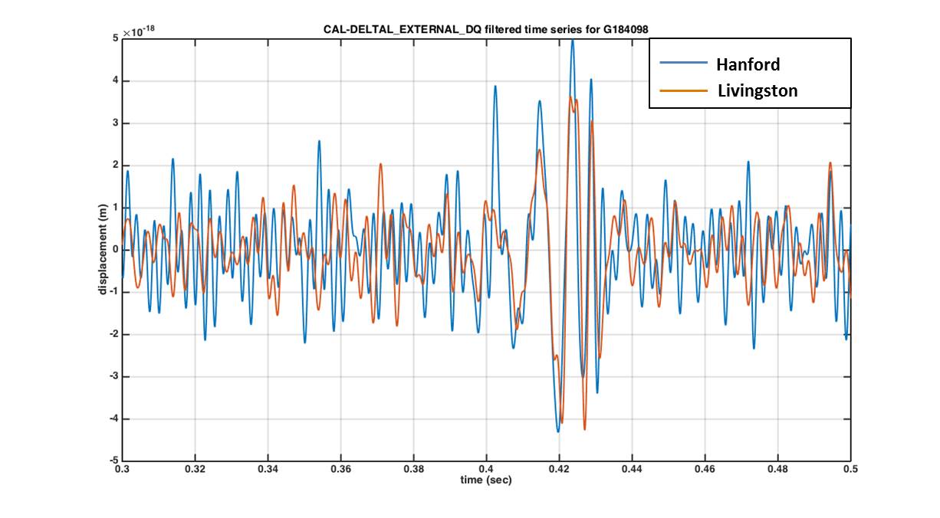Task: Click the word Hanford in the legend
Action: pyautogui.click(x=748, y=64)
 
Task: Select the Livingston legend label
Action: pyautogui.click(x=758, y=91)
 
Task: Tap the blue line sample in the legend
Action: pyautogui.click(x=683, y=64)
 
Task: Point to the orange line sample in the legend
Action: pyautogui.click(x=683, y=91)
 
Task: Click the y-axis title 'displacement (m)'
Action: pyautogui.click(x=102, y=250)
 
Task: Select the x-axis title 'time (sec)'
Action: pyautogui.click(x=485, y=480)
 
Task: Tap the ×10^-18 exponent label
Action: pyautogui.click(x=140, y=31)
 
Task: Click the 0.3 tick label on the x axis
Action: pyautogui.click(x=123, y=468)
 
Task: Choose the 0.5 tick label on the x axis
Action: pyautogui.click(x=850, y=468)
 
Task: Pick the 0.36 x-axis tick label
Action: pyautogui.click(x=341, y=468)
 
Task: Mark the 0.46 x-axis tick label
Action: pyautogui.click(x=705, y=468)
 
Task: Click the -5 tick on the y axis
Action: pyautogui.click(x=113, y=461)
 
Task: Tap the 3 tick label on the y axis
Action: pyautogui.click(x=116, y=123)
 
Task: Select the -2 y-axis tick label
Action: pyautogui.click(x=113, y=335)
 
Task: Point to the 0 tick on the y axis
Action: pyautogui.click(x=116, y=250)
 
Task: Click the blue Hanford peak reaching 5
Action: pyautogui.click(x=572, y=41)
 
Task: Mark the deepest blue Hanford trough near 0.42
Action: pyautogui.click(x=557, y=431)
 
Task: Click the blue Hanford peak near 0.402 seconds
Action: pyautogui.click(x=495, y=86)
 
